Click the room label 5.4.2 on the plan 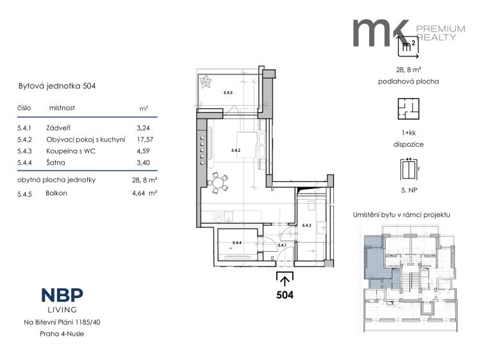(235, 151)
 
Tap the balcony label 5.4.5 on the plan (228, 94)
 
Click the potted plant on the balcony (207, 83)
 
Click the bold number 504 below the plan (285, 295)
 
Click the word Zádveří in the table (59, 127)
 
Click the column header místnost (62, 109)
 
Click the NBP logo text (62, 296)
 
